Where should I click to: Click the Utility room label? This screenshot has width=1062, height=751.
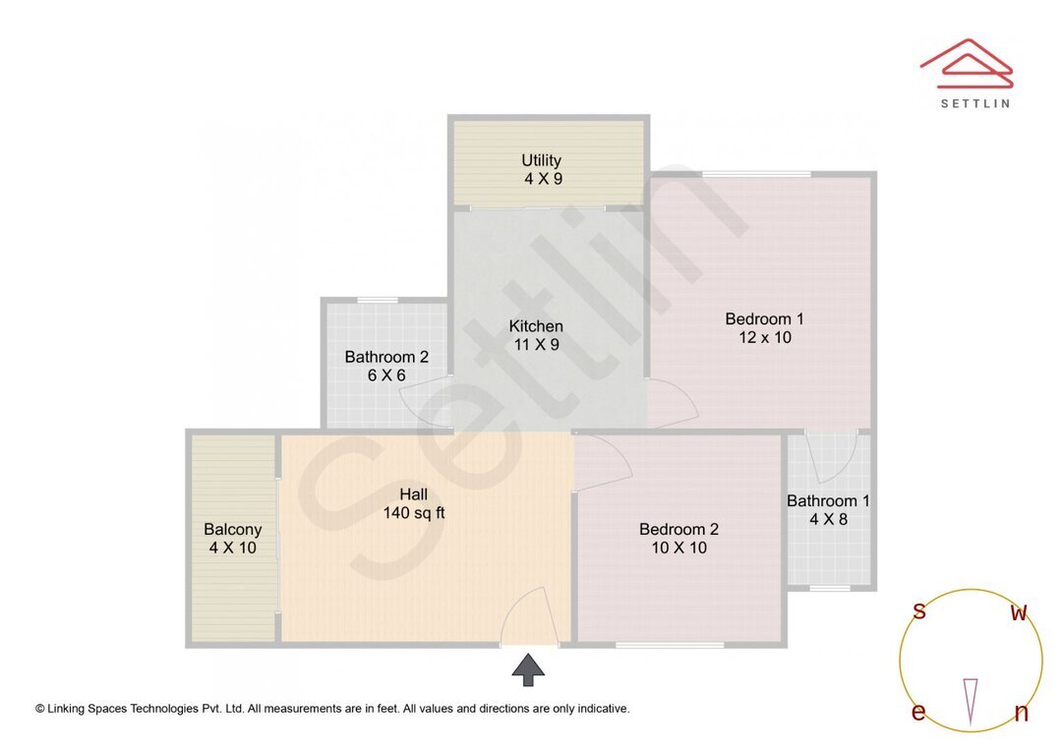541,160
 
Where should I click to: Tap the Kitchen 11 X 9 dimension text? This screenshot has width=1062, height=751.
537,345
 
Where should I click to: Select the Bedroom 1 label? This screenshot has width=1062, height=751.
764,318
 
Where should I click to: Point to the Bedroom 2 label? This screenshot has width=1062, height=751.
678,529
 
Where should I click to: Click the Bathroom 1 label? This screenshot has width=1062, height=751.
828,501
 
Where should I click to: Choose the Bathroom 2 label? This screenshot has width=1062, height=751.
386,357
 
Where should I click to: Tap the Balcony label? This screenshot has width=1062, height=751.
232,530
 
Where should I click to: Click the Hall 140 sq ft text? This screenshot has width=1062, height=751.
414,504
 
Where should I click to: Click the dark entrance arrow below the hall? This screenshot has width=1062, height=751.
528,669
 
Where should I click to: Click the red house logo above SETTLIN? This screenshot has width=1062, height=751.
967,63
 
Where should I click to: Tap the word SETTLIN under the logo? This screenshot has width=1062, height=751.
975,103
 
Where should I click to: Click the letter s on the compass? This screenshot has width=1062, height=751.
918,610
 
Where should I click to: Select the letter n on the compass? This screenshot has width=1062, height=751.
1022,713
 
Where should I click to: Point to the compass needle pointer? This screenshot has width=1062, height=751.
971,701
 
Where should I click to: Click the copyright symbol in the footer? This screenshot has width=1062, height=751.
40,709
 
